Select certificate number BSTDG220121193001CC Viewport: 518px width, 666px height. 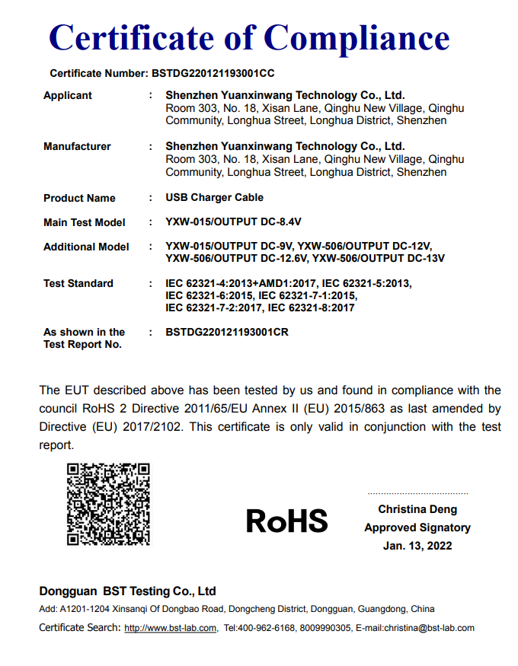[213, 74]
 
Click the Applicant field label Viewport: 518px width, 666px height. [68, 95]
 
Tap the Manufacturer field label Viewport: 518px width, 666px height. [77, 146]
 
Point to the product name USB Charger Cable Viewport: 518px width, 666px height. [214, 197]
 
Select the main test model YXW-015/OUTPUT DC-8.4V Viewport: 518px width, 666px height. [233, 222]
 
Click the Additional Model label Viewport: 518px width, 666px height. [86, 247]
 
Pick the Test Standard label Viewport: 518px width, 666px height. [78, 283]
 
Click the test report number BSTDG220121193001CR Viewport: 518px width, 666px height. [226, 332]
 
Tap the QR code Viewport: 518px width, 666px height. [108, 504]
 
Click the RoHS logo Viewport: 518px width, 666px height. [286, 521]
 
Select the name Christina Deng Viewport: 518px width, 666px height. [417, 509]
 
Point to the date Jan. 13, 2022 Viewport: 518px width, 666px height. [417, 546]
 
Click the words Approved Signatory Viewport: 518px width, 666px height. [417, 527]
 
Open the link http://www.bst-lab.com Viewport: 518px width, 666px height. [171, 628]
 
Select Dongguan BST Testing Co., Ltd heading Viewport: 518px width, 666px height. [127, 591]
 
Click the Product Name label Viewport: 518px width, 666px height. [79, 198]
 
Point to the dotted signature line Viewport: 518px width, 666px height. [417, 494]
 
